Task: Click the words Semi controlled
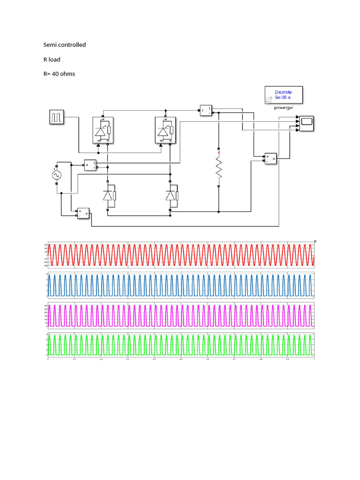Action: [65, 45]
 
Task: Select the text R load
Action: [52, 60]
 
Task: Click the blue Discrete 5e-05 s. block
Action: [283, 95]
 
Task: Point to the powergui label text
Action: [283, 107]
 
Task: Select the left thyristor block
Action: [105, 130]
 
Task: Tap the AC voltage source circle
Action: [57, 175]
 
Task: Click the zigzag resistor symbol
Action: [218, 167]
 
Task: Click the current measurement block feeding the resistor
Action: [206, 110]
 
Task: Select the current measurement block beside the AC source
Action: [90, 165]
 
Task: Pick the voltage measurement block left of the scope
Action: [270, 159]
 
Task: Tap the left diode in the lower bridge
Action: [109, 196]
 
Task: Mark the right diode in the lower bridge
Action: [171, 196]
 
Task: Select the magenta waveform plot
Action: [180, 315]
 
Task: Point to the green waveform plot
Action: [180, 345]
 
